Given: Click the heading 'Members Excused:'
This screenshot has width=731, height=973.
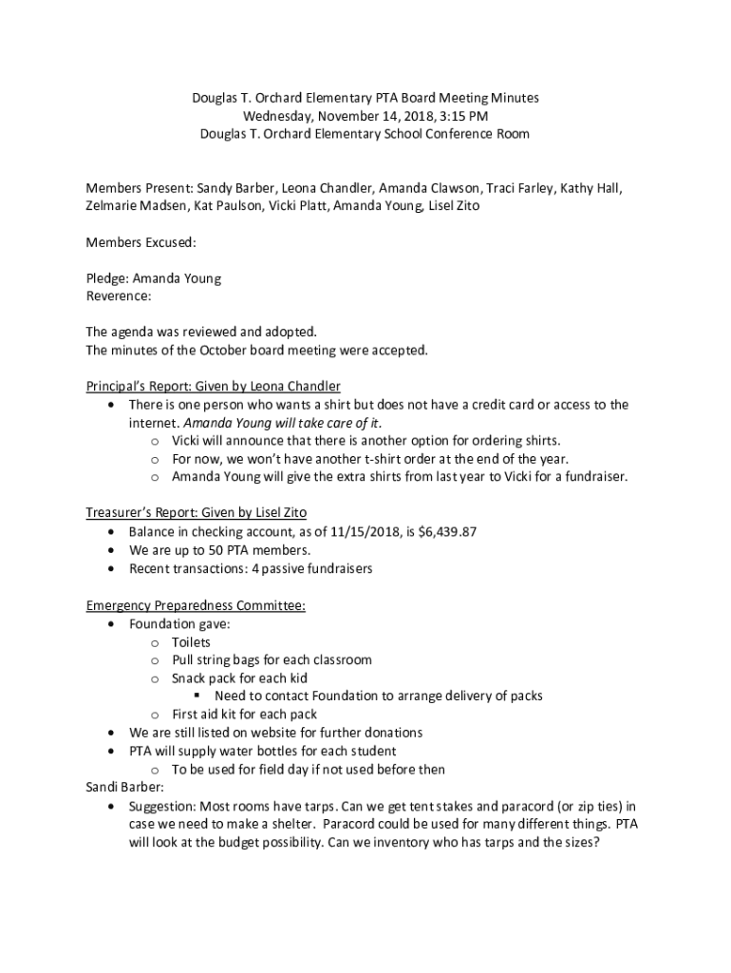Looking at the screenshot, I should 141,242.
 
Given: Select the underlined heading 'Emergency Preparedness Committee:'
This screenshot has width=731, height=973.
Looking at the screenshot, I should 196,606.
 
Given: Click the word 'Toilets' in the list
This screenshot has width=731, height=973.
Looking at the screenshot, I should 191,642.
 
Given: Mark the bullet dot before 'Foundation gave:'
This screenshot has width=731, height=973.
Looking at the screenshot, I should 114,624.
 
